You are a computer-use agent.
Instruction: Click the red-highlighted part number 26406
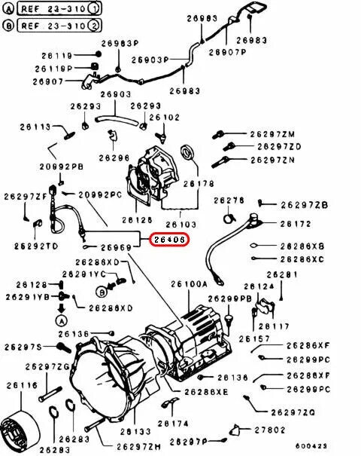pos(171,240)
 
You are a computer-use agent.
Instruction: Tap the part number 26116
pos(22,385)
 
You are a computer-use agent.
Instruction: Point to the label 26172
pos(296,225)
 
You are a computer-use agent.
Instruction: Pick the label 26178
pos(199,183)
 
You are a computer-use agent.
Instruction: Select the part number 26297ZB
pos(305,205)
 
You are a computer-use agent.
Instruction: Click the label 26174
pos(173,424)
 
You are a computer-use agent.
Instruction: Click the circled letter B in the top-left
pos(8,25)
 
